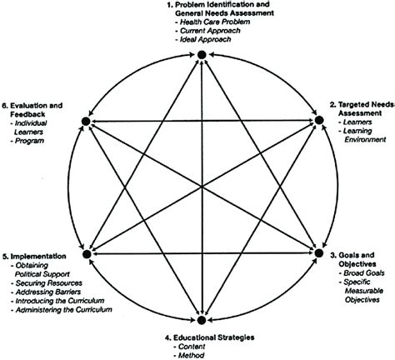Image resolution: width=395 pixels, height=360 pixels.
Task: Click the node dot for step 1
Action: click(201, 55)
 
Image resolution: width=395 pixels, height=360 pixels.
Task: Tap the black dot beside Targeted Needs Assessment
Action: click(317, 122)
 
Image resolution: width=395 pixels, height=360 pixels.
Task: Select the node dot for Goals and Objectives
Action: click(317, 251)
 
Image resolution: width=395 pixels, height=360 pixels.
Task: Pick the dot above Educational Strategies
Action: click(201, 319)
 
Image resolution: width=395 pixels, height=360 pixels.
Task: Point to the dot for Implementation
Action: click(85, 251)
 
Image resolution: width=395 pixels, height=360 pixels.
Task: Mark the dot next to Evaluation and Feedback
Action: click(85, 122)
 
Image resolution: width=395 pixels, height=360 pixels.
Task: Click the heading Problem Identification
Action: click(228, 7)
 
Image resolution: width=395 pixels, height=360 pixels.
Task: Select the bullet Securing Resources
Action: click(42, 282)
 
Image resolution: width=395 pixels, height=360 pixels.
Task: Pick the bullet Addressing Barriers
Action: click(44, 292)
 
